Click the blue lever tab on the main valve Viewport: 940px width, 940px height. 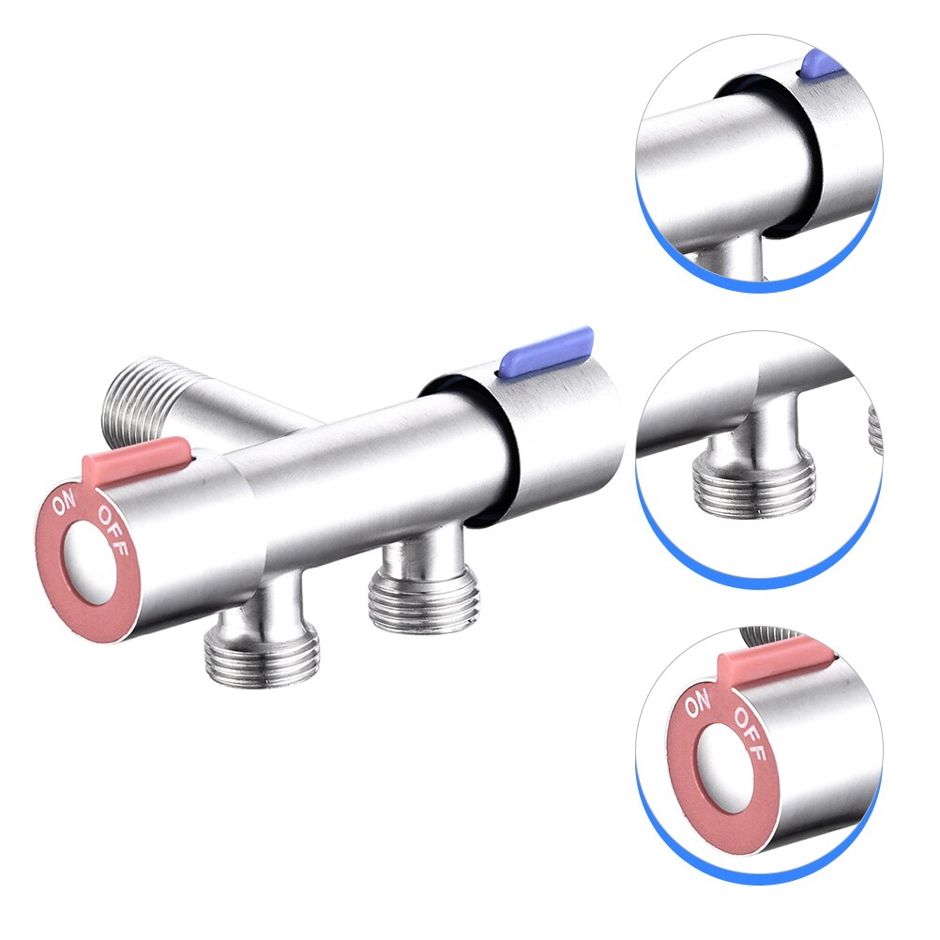pyautogui.click(x=548, y=348)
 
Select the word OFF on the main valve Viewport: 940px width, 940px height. pyautogui.click(x=112, y=529)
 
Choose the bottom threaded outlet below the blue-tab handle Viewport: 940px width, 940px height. pyautogui.click(x=424, y=599)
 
